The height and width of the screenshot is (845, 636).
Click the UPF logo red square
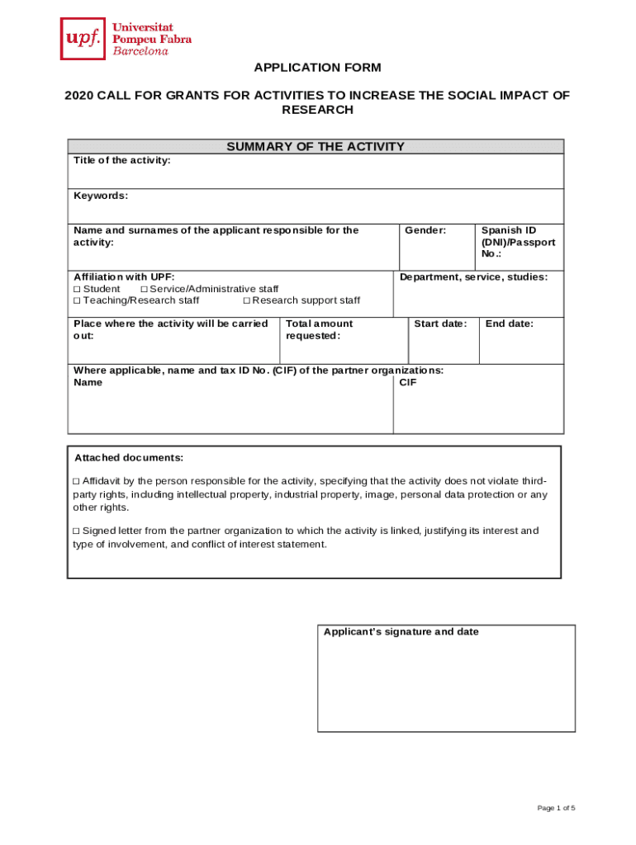[83, 39]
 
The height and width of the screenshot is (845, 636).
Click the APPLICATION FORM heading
[317, 68]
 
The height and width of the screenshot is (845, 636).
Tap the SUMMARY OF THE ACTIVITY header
[316, 147]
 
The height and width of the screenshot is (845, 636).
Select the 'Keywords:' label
[101, 196]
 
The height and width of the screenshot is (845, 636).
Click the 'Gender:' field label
[425, 230]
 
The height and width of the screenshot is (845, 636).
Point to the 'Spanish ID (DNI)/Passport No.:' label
[518, 242]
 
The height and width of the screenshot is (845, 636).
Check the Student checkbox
[77, 290]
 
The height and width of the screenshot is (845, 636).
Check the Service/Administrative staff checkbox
[144, 290]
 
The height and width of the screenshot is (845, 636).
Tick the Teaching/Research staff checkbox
[77, 300]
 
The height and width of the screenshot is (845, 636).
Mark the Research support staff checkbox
[246, 300]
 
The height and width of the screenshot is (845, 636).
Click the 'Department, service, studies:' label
[473, 277]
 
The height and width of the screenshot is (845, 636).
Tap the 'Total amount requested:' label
[319, 329]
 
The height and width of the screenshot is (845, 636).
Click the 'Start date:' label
[440, 323]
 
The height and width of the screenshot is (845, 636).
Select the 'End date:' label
[510, 323]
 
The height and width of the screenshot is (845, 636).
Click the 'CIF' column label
[408, 382]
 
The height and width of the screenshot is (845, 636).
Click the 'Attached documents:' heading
[129, 458]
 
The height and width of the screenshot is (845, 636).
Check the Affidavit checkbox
[77, 481]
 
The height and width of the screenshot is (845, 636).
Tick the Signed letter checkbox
[77, 531]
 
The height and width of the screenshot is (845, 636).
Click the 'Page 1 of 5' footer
[555, 808]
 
